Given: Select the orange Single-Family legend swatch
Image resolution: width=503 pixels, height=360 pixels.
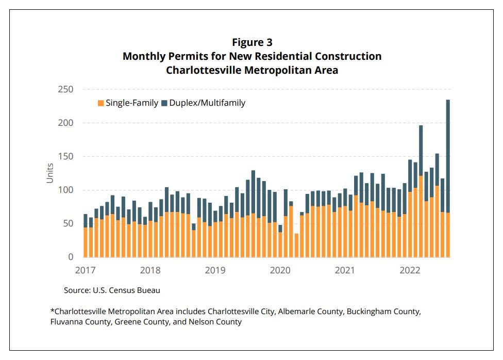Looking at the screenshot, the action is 100,103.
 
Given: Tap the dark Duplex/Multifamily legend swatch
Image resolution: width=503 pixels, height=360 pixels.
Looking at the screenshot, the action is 164,103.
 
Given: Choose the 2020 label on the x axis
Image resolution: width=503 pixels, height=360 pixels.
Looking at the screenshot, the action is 280,270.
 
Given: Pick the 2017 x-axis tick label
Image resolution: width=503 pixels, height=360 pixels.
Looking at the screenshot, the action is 86,270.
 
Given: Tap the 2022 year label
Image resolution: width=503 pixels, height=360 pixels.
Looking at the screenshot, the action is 411,270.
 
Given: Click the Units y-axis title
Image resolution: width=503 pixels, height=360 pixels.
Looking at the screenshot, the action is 50,173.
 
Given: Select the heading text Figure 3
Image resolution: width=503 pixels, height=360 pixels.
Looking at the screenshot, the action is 252,42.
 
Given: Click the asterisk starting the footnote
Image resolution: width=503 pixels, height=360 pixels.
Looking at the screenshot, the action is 52,312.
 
